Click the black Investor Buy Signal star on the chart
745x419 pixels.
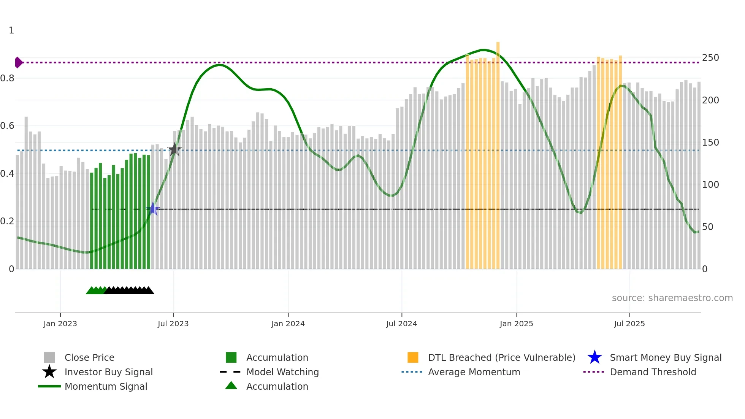coord(174,149)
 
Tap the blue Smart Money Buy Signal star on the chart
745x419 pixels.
coord(153,209)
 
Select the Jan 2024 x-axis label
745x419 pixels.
coord(288,324)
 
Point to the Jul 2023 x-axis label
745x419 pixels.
coord(173,324)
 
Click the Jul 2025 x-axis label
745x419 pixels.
coord(629,324)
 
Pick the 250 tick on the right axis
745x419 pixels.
coord(710,58)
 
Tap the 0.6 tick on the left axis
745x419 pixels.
coord(7,126)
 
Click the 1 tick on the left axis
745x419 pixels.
coord(11,30)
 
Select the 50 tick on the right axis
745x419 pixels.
coord(707,227)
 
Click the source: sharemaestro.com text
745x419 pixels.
coord(672,298)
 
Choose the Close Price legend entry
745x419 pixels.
coord(89,358)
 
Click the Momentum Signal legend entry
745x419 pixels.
coord(106,387)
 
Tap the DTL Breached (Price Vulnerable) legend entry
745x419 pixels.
coord(501,358)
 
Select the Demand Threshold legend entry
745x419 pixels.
coord(653,372)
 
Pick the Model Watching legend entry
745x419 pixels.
coord(282,372)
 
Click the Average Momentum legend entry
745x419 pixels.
coord(474,372)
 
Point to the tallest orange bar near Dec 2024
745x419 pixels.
coord(498,152)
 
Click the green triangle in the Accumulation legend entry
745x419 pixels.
coord(231,386)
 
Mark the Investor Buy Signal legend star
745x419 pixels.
coord(49,372)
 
